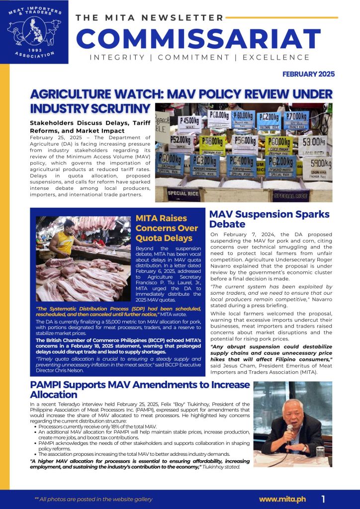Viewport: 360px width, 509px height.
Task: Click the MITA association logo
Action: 34,31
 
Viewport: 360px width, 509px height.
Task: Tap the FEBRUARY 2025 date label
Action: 308,74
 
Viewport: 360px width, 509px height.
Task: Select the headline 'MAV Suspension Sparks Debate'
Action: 269,219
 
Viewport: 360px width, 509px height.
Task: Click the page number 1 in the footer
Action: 323,499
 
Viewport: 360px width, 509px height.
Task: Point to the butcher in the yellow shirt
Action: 65,239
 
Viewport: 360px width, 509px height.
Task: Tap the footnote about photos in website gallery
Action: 93,499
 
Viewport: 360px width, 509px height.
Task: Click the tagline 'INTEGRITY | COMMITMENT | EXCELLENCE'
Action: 199,58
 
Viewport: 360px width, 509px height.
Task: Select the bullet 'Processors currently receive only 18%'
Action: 97,426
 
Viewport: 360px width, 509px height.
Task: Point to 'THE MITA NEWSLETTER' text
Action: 149,18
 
